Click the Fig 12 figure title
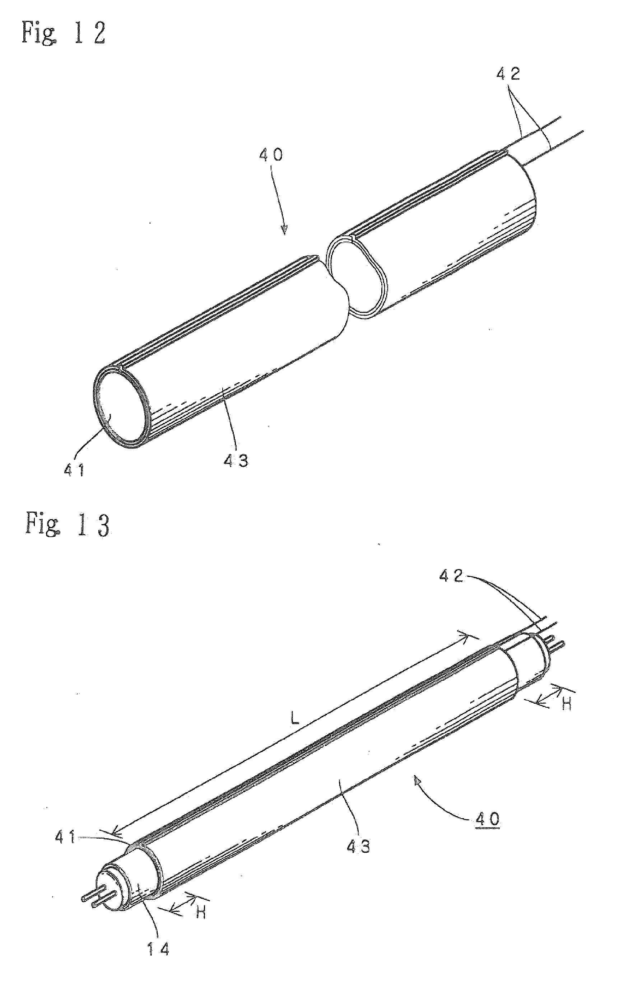[x=64, y=33]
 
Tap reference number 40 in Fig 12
[x=271, y=155]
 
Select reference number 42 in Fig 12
[x=508, y=73]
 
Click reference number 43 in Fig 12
[x=236, y=461]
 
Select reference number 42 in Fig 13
[x=452, y=576]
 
